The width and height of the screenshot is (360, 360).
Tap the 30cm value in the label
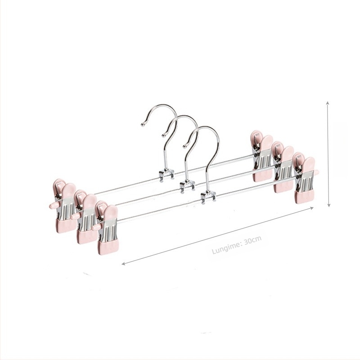pos(252,240)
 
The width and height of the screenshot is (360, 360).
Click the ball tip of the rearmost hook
pos(143,125)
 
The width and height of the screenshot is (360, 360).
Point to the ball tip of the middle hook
pos(163,135)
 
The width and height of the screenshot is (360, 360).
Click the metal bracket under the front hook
pos(208,197)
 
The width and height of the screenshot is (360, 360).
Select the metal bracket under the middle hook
pos(187,186)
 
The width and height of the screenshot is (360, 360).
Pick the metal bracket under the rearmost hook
pos(166,175)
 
